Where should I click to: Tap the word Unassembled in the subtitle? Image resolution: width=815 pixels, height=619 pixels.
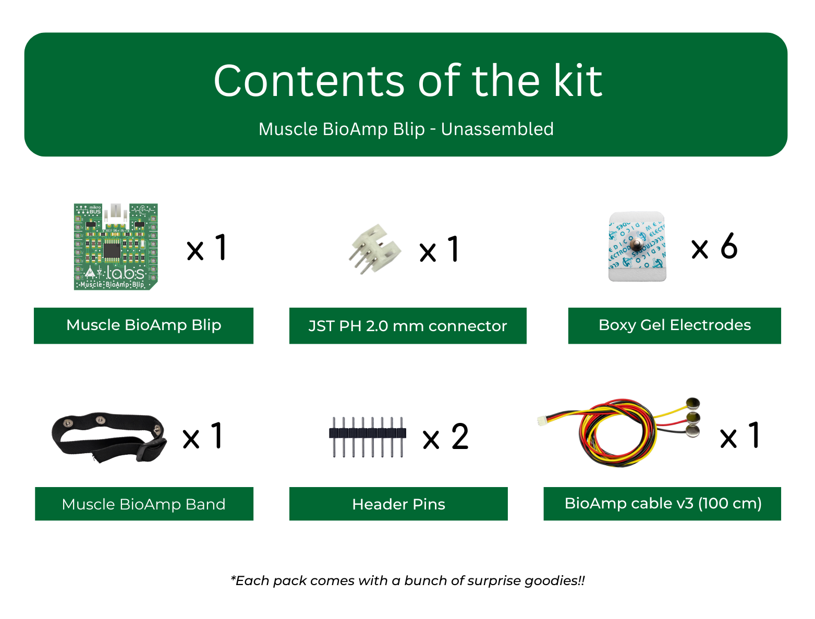click(x=497, y=129)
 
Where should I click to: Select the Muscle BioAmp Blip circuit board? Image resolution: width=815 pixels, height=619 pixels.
click(x=116, y=247)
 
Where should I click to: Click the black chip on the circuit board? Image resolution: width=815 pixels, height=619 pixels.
click(x=112, y=250)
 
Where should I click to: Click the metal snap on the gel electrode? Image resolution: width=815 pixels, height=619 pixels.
click(x=637, y=245)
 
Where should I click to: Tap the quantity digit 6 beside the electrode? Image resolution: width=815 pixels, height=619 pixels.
click(x=729, y=246)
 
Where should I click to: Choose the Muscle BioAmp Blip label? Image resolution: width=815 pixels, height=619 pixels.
click(x=143, y=325)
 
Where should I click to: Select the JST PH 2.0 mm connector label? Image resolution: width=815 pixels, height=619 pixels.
click(x=407, y=326)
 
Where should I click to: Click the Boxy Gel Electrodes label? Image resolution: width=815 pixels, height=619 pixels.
click(x=674, y=325)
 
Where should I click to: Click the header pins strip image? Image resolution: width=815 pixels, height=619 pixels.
click(x=367, y=436)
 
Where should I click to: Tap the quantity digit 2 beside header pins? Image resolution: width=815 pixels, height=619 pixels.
click(x=460, y=436)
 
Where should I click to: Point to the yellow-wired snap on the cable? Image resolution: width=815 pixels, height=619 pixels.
click(x=692, y=403)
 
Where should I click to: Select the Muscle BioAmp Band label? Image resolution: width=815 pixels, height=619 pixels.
click(x=143, y=504)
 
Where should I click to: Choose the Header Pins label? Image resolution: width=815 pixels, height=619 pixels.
click(x=398, y=504)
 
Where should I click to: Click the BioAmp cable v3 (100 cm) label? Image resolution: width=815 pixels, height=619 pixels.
click(x=662, y=503)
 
